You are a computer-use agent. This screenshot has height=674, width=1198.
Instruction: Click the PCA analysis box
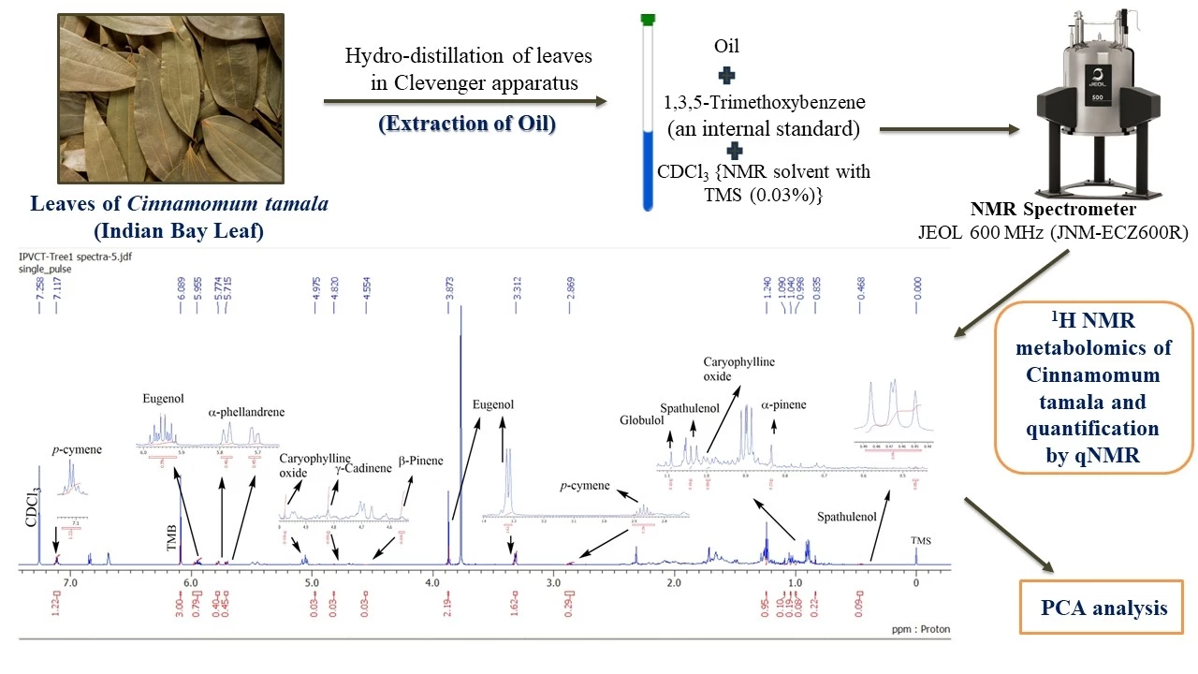tap(1103, 608)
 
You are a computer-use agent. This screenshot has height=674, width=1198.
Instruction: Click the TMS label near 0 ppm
tap(921, 540)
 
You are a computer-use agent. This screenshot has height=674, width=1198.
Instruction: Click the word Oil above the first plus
tap(727, 44)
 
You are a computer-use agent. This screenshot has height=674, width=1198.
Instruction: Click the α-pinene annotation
tap(783, 405)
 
